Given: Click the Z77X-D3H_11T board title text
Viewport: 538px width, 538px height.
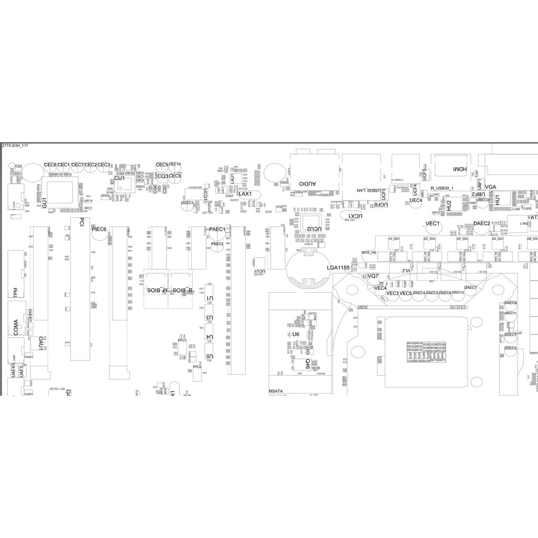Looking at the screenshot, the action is [x=15, y=146].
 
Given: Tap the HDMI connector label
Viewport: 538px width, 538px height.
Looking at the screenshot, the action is [x=459, y=169].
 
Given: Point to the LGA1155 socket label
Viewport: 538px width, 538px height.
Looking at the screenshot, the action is [x=338, y=268].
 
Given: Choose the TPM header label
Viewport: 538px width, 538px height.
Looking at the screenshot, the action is [x=16, y=292].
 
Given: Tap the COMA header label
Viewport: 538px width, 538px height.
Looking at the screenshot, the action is [x=16, y=327].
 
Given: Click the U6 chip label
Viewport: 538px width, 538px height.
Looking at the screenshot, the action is [x=295, y=334].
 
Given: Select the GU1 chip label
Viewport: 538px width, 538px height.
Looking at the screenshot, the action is [x=44, y=201].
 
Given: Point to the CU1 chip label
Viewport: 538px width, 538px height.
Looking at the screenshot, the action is [x=120, y=179].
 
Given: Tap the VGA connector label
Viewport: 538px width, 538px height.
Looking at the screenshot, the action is [x=491, y=188].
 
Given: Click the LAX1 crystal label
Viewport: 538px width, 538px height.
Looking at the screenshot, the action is [x=245, y=194].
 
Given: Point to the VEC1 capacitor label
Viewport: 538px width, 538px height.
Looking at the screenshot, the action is [x=432, y=224].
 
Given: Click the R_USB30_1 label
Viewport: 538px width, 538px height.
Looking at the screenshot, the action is [x=442, y=188].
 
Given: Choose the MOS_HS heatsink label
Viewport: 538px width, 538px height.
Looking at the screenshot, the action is [x=369, y=253].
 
